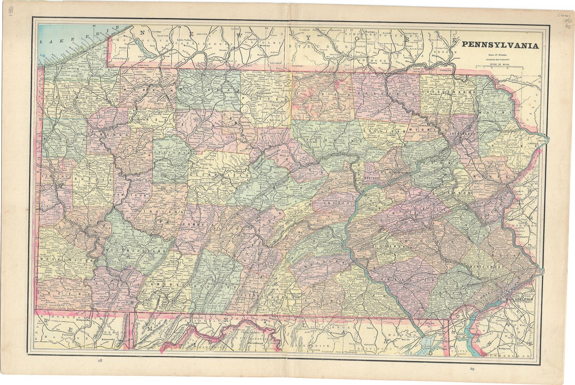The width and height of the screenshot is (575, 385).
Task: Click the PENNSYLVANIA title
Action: [x=500, y=45]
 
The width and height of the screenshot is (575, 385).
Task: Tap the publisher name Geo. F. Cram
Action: [x=500, y=55]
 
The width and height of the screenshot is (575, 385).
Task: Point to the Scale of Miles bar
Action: [x=500, y=67]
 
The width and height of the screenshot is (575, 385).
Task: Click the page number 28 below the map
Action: [x=100, y=360]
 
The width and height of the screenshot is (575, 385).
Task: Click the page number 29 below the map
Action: [x=471, y=369]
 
